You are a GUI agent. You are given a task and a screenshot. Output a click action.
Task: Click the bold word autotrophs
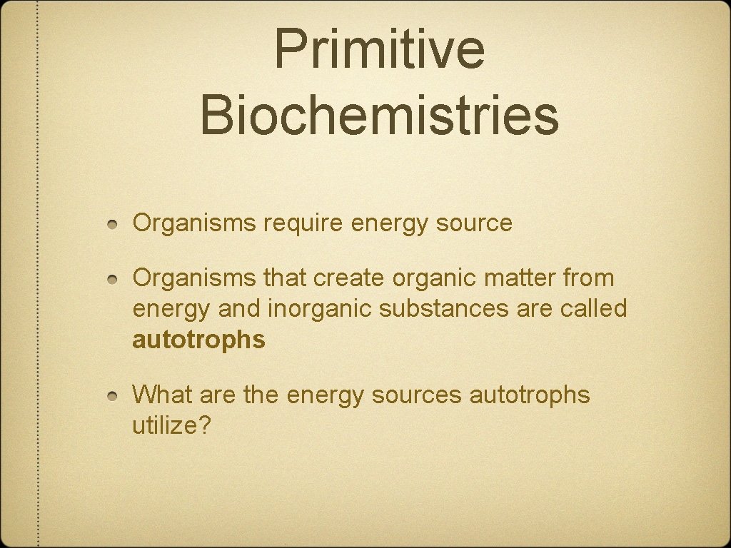[198, 340]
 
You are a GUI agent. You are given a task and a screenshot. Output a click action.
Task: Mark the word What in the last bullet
[162, 394]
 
